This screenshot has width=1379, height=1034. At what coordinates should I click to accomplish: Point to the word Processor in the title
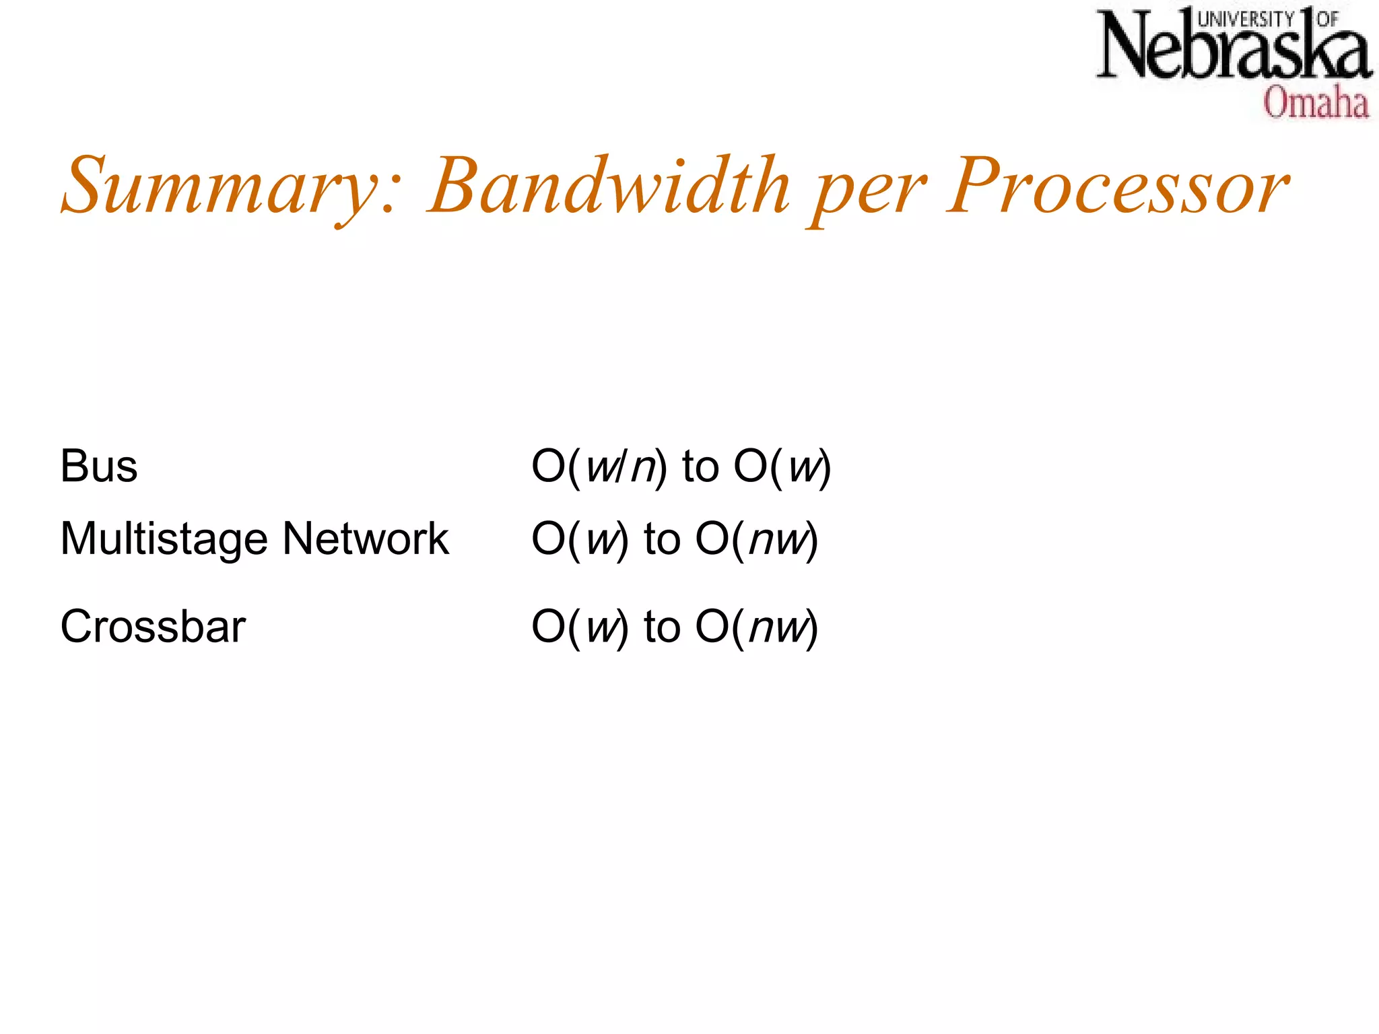1118,185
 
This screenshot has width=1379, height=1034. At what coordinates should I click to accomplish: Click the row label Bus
99,466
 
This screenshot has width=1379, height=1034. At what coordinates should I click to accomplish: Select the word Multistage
164,539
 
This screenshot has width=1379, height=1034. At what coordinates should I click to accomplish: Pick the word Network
366,539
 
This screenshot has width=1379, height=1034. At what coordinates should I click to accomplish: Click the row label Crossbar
153,627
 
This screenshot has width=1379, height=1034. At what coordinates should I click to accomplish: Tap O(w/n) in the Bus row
599,467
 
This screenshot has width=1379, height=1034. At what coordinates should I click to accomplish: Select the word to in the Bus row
700,467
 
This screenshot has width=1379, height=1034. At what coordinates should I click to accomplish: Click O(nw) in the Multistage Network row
757,539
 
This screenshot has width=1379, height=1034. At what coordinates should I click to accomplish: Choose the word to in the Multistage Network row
662,539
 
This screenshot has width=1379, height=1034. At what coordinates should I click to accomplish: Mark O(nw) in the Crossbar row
757,627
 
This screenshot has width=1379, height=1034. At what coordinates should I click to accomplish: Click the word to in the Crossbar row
662,627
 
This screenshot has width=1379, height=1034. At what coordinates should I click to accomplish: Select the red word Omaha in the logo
1316,103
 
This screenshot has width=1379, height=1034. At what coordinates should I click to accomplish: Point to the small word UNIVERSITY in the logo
1246,19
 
